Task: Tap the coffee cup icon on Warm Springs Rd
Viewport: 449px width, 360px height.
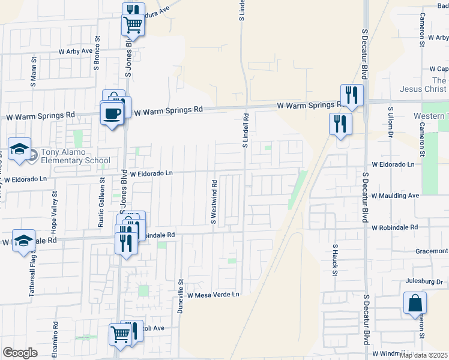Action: pyautogui.click(x=112, y=113)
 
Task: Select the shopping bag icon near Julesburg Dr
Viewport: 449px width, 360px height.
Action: pyautogui.click(x=415, y=304)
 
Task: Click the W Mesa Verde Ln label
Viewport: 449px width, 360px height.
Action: pyautogui.click(x=213, y=295)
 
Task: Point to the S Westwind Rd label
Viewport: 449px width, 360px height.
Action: pyautogui.click(x=213, y=201)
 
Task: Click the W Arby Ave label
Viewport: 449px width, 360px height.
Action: pyautogui.click(x=76, y=52)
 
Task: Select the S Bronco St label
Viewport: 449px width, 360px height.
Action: pyautogui.click(x=96, y=53)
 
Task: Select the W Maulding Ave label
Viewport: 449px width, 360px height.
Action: pyautogui.click(x=394, y=196)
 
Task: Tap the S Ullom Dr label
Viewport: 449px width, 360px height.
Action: pyautogui.click(x=390, y=124)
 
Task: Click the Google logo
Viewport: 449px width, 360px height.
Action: pyautogui.click(x=20, y=353)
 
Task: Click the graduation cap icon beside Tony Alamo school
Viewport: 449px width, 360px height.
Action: pyautogui.click(x=19, y=150)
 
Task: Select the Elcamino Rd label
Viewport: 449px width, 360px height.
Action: pyautogui.click(x=54, y=338)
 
